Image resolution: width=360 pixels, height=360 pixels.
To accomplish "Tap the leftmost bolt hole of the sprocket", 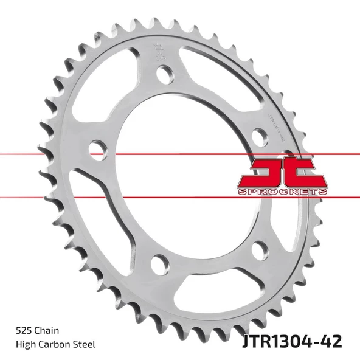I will (x=97, y=148).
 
